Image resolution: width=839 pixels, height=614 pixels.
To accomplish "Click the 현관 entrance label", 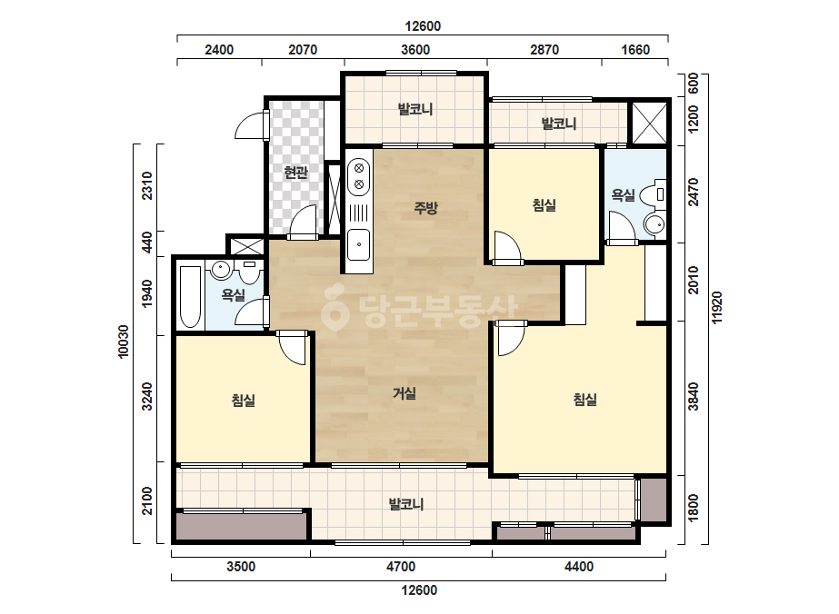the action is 295,173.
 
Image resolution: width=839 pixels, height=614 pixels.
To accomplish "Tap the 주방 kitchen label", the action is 425,207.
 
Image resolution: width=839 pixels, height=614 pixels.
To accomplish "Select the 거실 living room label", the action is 404,393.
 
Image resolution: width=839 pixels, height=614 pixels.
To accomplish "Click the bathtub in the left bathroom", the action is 190,297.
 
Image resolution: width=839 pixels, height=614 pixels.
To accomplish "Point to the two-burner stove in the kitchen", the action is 359,177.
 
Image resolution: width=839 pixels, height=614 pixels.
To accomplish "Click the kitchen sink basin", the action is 358,244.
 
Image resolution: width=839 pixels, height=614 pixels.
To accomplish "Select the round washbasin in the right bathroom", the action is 654,224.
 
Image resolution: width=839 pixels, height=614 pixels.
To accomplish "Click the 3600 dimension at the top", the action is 415,50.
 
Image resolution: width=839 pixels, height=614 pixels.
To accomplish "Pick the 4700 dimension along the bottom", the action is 401,567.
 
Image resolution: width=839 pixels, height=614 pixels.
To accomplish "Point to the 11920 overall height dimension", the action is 717,306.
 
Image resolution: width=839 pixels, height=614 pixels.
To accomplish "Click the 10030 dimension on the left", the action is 124,342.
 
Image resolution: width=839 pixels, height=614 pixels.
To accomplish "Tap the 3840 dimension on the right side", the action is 694,396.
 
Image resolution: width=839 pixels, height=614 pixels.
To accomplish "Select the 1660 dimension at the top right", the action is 635,50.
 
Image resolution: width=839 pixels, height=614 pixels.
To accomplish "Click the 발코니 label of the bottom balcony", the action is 405,504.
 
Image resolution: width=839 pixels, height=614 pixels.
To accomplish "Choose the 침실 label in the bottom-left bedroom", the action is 243,400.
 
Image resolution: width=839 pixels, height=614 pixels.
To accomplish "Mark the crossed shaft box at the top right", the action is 649,123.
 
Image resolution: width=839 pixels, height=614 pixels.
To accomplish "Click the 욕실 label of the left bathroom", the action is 233,294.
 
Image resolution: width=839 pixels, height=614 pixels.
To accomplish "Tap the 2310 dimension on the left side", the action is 146,185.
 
